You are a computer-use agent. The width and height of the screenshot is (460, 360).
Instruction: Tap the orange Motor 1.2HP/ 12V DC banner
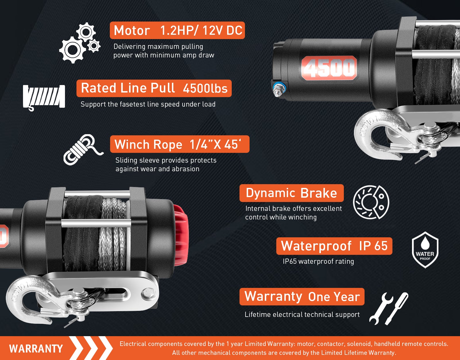coord(177,30)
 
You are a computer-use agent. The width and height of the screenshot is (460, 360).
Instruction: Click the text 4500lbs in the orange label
coord(205,88)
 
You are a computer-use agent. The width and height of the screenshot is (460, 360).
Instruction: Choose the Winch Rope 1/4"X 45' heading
coord(180,144)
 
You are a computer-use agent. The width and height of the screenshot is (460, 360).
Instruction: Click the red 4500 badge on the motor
coord(329,68)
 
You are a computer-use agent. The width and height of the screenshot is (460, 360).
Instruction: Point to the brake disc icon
coord(371,202)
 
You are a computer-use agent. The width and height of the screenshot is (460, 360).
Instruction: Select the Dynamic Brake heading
coord(292,193)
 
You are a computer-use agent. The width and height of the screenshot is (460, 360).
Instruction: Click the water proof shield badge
coord(425,250)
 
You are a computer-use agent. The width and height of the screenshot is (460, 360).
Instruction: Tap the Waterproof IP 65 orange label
coord(334,246)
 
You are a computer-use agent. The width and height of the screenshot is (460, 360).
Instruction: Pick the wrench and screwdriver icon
coord(389,309)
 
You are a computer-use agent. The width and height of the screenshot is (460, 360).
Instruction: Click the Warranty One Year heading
coord(302,297)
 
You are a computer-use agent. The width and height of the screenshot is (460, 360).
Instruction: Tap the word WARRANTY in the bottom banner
coord(36,349)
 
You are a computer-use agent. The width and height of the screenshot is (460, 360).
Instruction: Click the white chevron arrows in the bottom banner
coord(91,348)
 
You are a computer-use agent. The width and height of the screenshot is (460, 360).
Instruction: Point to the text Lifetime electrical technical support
coord(302,315)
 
